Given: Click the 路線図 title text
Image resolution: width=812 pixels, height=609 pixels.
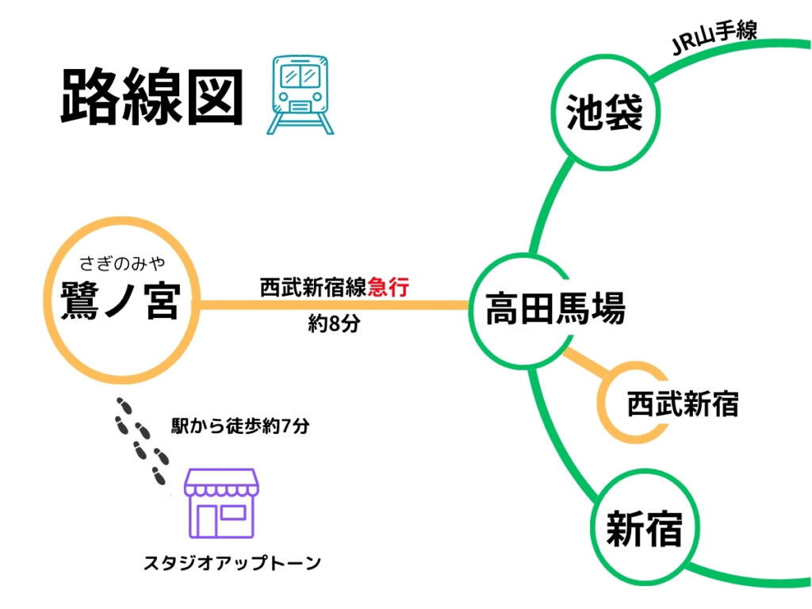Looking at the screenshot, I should click(x=151, y=98).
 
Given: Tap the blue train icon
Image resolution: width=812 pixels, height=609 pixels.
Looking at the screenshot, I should click(x=297, y=94).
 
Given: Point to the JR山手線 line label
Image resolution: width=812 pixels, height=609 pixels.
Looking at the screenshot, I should click(x=714, y=37).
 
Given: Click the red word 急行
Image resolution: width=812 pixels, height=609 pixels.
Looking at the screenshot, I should click(x=388, y=287).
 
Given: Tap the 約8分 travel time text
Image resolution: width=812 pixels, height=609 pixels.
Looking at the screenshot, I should click(x=334, y=324).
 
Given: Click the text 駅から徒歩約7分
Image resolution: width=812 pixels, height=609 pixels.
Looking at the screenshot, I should click(x=239, y=426).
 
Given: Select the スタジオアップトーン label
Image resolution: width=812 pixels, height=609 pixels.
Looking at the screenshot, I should click(x=232, y=563).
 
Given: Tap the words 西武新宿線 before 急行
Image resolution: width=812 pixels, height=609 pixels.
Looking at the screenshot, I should click(x=313, y=287).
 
